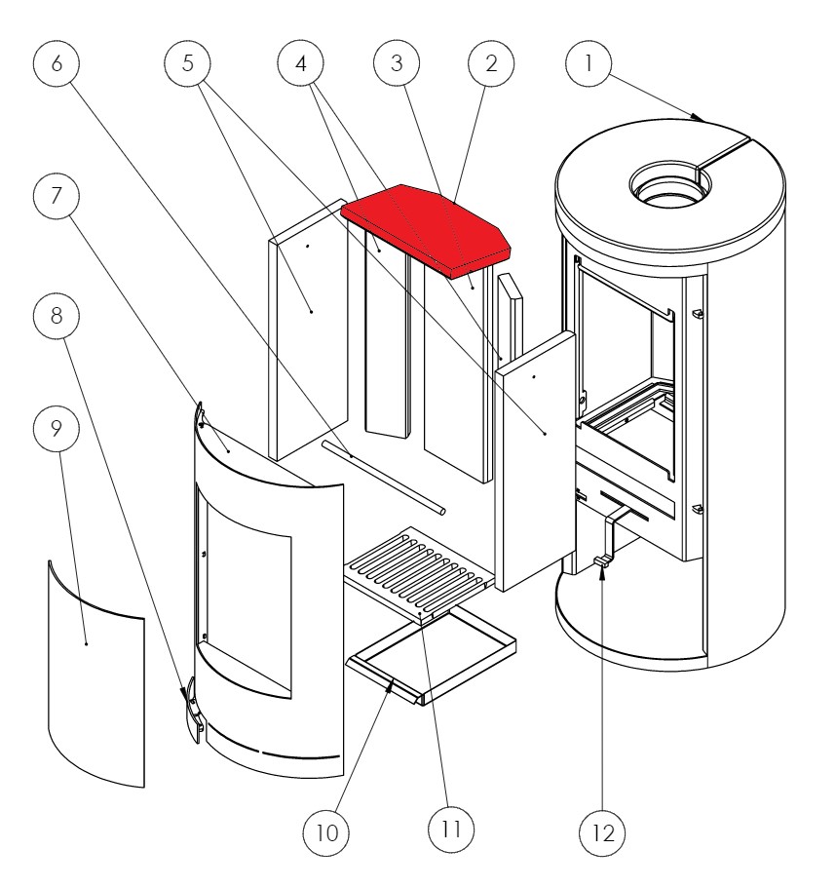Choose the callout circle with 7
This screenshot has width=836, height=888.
click(x=56, y=195)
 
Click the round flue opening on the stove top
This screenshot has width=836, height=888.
click(x=667, y=183)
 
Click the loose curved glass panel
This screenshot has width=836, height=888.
click(x=95, y=673)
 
